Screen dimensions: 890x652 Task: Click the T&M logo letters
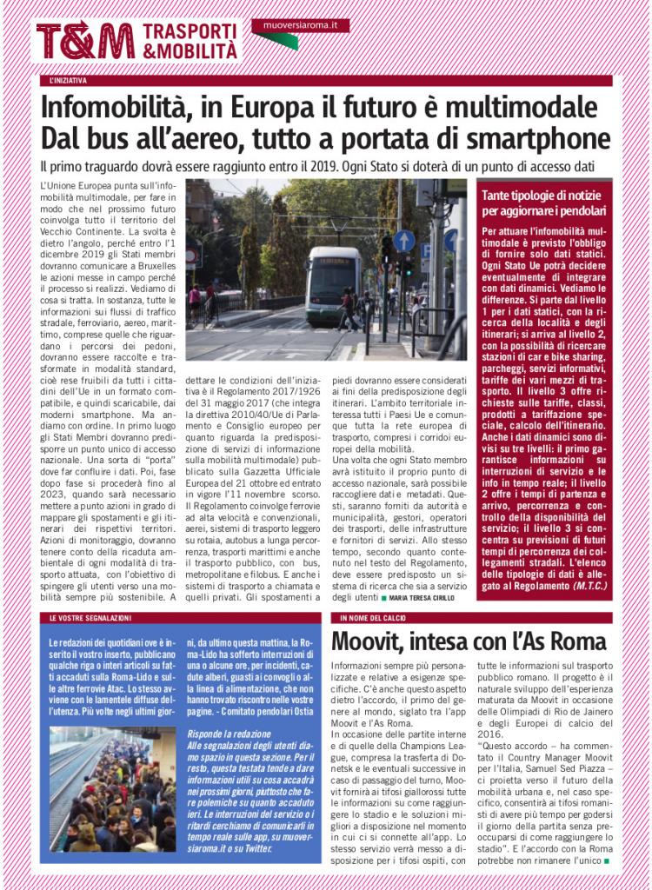(x=85, y=40)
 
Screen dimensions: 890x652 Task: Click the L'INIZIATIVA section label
(x=69, y=81)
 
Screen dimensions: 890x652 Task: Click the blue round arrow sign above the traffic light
(x=403, y=241)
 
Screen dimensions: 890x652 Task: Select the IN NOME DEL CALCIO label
(x=374, y=618)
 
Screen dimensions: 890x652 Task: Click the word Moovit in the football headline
(x=375, y=643)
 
